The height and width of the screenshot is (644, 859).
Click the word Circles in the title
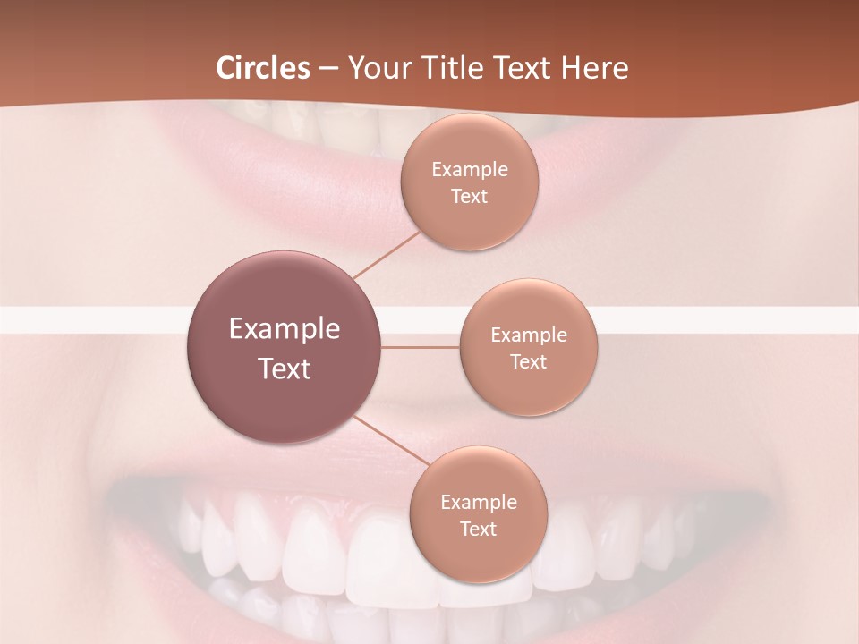tap(263, 68)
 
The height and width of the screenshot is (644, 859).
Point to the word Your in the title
tap(376, 68)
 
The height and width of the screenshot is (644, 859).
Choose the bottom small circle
tap(478, 555)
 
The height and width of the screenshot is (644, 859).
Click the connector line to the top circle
tap(387, 254)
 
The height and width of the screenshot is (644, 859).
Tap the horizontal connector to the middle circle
tap(421, 347)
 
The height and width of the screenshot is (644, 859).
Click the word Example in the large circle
tap(285, 329)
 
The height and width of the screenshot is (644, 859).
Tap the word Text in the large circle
tap(285, 369)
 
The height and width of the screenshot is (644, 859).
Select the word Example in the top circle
tap(470, 170)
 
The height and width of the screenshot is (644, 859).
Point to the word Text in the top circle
tap(470, 197)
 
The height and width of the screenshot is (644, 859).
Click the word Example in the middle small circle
tap(529, 335)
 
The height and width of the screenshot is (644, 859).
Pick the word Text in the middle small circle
tap(529, 362)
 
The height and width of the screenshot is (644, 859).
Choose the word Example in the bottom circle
tap(479, 503)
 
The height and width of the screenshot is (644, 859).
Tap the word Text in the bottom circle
tap(479, 530)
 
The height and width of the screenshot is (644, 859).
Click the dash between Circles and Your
tap(328, 68)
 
